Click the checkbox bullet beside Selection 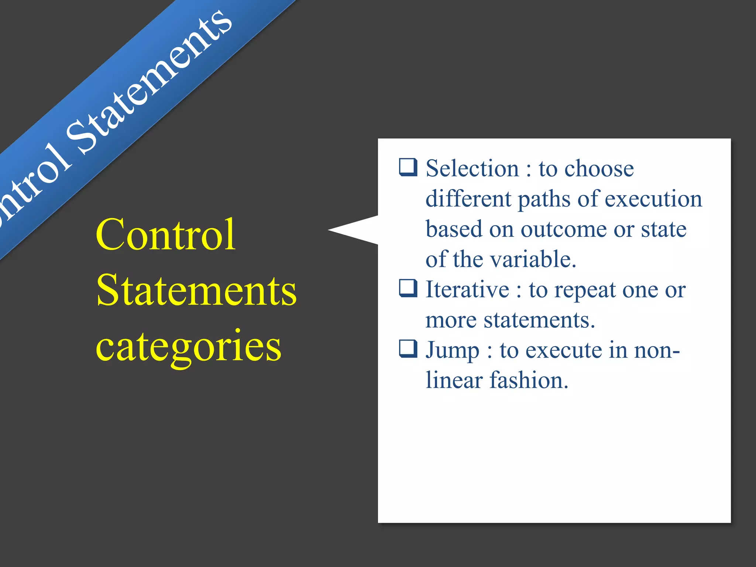408,167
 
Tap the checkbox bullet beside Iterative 408,288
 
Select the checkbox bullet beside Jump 408,349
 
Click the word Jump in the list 453,350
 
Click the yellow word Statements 196,291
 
